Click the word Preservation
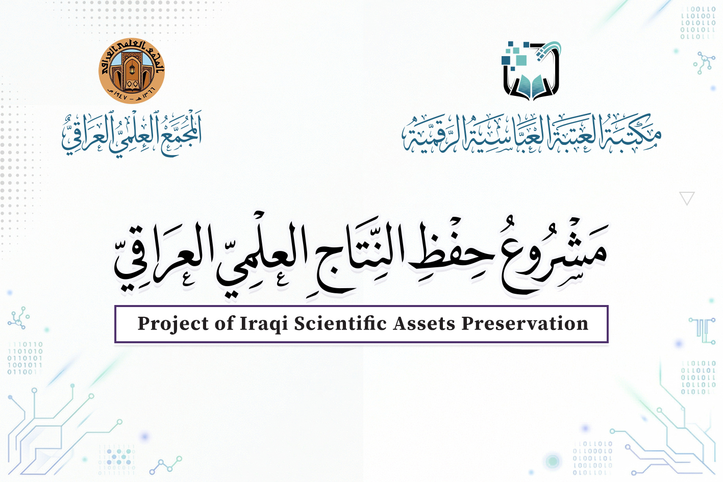click(525, 324)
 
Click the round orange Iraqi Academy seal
click(132, 70)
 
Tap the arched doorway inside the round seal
click(132, 71)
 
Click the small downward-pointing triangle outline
click(687, 198)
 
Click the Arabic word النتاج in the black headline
click(357, 255)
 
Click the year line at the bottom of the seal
click(132, 95)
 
